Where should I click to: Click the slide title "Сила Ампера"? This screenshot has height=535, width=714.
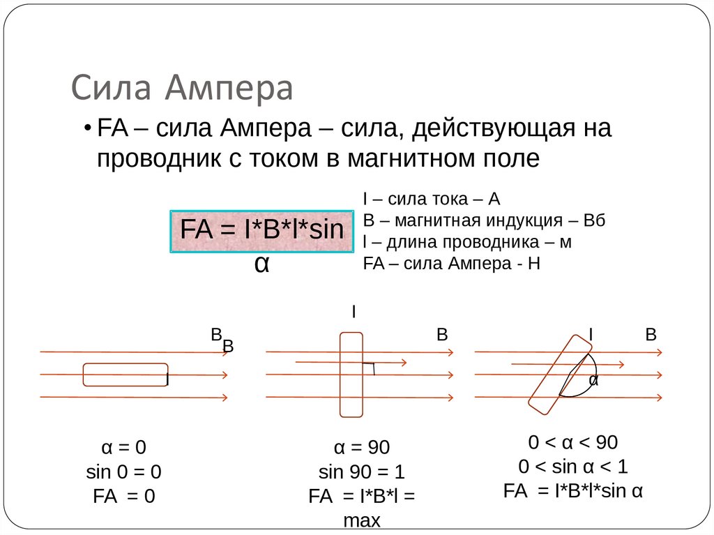[x=183, y=89]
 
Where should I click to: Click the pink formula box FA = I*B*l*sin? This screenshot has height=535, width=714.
[x=262, y=231]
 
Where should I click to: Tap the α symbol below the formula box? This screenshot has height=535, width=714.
[x=261, y=264]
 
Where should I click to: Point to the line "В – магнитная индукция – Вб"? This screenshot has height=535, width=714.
[x=484, y=221]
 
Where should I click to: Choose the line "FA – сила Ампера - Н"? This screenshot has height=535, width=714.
[x=452, y=264]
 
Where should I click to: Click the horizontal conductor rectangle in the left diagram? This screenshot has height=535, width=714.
[x=126, y=375]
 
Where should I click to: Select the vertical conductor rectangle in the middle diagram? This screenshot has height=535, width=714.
[x=351, y=375]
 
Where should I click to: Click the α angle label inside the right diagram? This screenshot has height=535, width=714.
[x=593, y=381]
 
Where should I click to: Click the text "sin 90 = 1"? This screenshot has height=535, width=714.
[x=361, y=471]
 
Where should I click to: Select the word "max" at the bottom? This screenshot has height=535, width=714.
[x=361, y=520]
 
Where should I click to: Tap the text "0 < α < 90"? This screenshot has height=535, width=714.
[x=573, y=443]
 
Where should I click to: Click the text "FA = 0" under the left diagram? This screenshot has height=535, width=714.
[x=123, y=496]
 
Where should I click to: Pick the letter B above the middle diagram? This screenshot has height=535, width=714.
[x=441, y=336]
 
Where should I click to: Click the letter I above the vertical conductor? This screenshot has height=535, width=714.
[x=354, y=312]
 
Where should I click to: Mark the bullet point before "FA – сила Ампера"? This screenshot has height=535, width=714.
[x=87, y=130]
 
